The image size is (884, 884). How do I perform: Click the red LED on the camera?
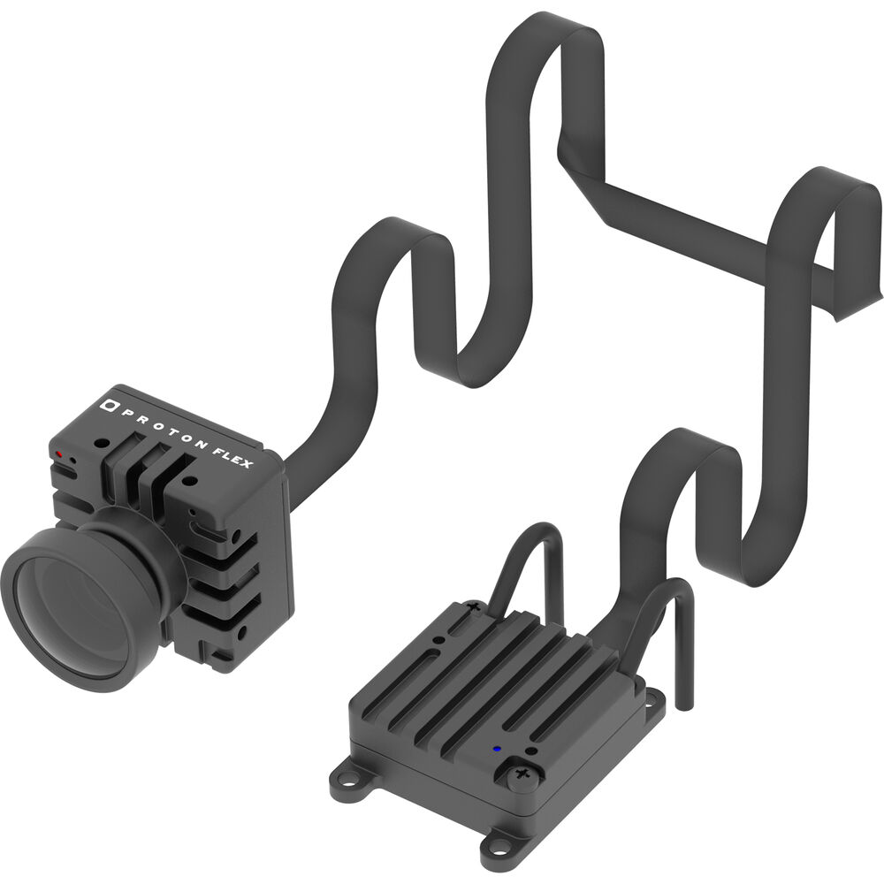tap(59, 453)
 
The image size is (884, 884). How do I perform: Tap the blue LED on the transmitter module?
tap(497, 750)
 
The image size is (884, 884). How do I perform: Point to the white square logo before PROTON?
tap(108, 404)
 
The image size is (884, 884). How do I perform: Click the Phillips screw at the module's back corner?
tap(474, 606)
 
